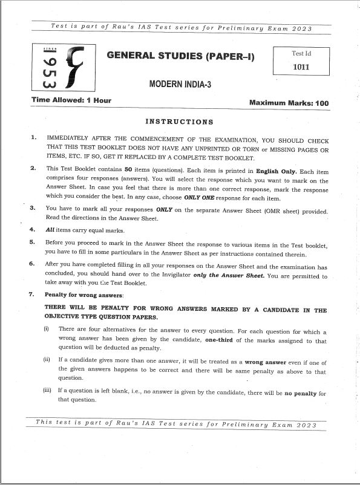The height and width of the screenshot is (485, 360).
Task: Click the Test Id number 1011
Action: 301,67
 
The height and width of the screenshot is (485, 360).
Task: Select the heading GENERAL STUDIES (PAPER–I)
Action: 181,56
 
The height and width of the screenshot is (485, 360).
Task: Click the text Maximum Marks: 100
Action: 289,103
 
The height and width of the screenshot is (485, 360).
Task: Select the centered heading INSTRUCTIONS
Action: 180,122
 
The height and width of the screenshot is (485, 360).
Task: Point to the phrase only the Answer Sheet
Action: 227,276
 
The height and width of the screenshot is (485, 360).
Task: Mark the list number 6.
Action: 32,264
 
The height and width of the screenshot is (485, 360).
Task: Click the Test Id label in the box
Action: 301,53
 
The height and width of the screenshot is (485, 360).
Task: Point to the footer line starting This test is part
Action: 176,425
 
